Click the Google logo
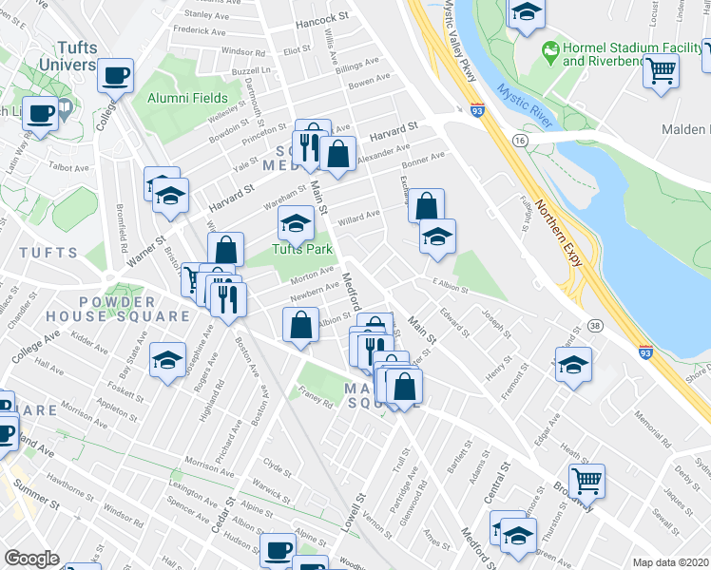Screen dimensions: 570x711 click(x=31, y=559)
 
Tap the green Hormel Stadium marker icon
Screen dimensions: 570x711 click(x=548, y=48)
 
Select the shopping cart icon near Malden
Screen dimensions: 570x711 click(x=662, y=69)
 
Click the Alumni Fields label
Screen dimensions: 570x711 click(x=187, y=98)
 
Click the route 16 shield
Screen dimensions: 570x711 click(x=519, y=139)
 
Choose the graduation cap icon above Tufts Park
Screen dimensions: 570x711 click(x=296, y=223)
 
